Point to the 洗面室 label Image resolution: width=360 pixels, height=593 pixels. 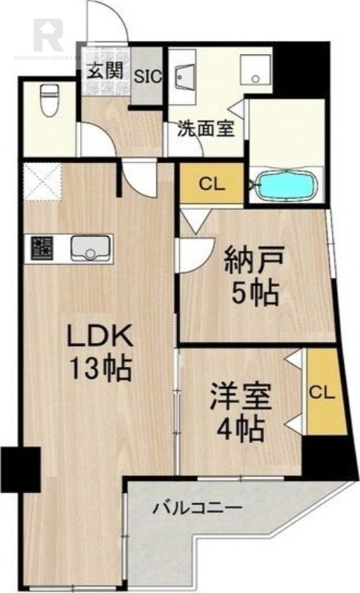coord(205,128)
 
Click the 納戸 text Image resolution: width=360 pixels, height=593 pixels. coord(253,261)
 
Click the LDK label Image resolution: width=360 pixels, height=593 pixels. coord(100,337)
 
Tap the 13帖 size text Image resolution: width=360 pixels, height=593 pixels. coord(100,368)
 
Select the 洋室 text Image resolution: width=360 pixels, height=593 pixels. coord(239,395)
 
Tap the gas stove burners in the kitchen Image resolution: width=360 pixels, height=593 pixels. coord(41,248)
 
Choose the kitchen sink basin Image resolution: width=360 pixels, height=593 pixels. coord(91,248)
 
